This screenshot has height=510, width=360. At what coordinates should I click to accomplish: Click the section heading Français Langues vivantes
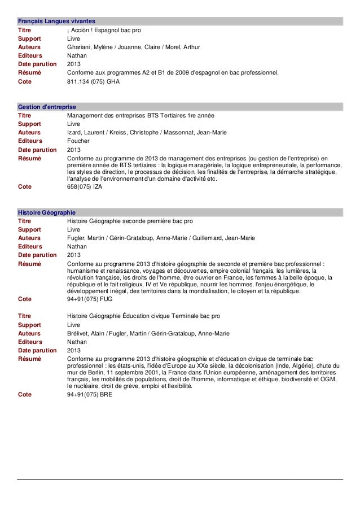pyautogui.click(x=55, y=21)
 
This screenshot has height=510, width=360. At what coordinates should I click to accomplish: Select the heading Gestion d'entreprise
pyautogui.click(x=47, y=106)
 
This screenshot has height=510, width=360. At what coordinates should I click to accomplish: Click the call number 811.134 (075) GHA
pyautogui.click(x=93, y=81)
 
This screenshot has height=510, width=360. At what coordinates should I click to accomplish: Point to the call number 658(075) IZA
pyautogui.click(x=85, y=185)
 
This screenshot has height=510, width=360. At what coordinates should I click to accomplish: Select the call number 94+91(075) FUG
pyautogui.click(x=89, y=299)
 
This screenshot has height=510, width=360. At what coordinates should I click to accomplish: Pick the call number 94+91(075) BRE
pyautogui.click(x=89, y=395)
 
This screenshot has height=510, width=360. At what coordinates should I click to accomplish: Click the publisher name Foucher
pyautogui.click(x=77, y=141)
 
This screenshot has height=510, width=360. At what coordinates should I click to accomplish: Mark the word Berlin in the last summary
pyautogui.click(x=87, y=373)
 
